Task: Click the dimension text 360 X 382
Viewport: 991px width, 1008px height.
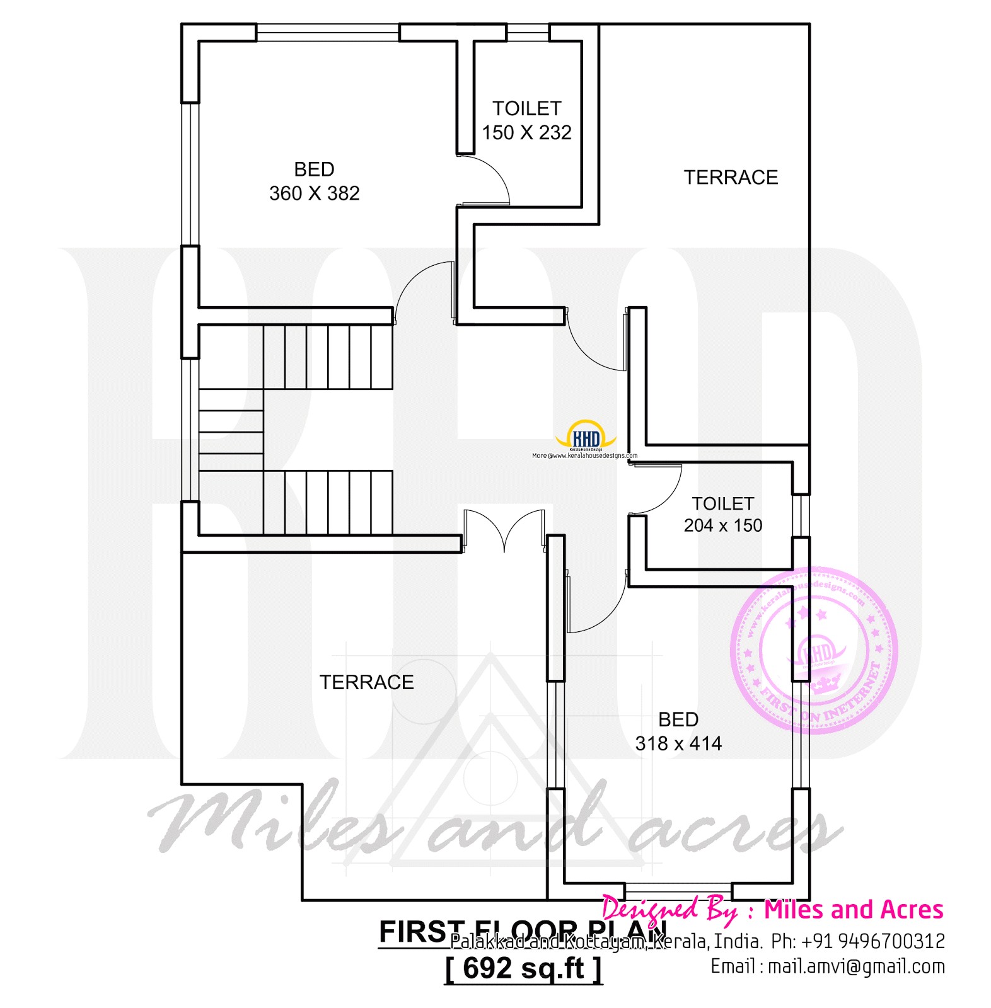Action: (x=314, y=193)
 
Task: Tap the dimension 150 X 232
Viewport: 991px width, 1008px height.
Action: (x=526, y=133)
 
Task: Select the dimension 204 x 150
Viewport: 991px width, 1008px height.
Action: (x=722, y=525)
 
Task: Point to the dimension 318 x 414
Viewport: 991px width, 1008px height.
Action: (x=678, y=744)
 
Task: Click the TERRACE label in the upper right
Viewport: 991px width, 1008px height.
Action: (x=731, y=178)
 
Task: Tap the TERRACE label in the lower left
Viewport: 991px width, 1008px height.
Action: (x=366, y=682)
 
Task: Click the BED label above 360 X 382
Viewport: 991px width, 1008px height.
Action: (x=314, y=169)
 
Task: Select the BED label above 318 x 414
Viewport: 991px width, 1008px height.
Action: (x=678, y=719)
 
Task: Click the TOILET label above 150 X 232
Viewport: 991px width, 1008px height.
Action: (x=526, y=109)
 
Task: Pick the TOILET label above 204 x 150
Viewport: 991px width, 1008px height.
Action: (x=722, y=504)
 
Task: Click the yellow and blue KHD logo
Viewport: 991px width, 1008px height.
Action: (x=586, y=435)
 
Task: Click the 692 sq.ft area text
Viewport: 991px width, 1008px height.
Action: (x=523, y=968)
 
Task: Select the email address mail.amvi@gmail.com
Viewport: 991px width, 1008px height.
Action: (x=856, y=966)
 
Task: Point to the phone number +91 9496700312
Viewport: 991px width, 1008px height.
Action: (x=872, y=941)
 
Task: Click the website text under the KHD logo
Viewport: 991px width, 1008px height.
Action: (x=584, y=455)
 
